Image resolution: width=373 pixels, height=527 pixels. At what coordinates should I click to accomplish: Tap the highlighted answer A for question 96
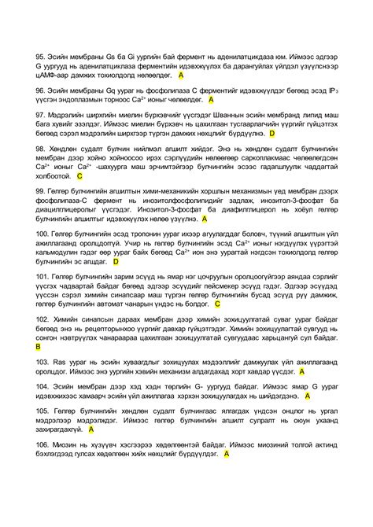pos(212,101)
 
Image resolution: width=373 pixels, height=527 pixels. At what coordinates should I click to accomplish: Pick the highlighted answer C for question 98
pos(79,177)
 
